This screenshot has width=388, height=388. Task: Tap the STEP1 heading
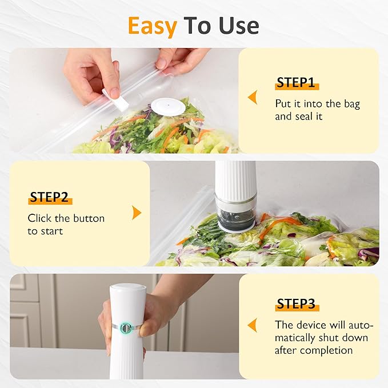point(296,83)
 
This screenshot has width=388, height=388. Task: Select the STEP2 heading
point(49,198)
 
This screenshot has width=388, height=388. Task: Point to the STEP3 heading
point(297,303)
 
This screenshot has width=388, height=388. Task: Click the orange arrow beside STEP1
point(251,98)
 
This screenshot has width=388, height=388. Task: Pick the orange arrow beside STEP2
point(137,213)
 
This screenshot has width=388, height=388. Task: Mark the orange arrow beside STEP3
point(251,325)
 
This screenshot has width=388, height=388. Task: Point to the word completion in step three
point(331,350)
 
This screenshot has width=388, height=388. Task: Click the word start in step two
point(51,231)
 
